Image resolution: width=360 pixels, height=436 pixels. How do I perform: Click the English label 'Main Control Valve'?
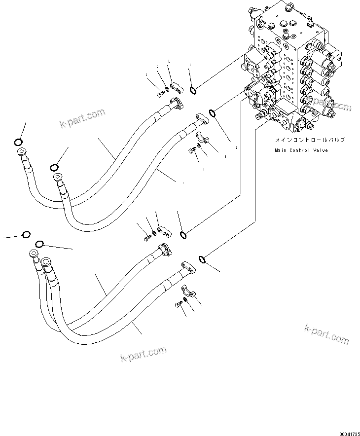tap(301, 150)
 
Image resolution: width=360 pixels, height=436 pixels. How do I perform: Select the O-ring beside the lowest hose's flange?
tap(202, 258)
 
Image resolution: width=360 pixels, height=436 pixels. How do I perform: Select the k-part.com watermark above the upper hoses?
tap(82, 117)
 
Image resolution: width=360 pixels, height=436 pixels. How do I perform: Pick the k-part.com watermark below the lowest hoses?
tap(143, 355)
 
